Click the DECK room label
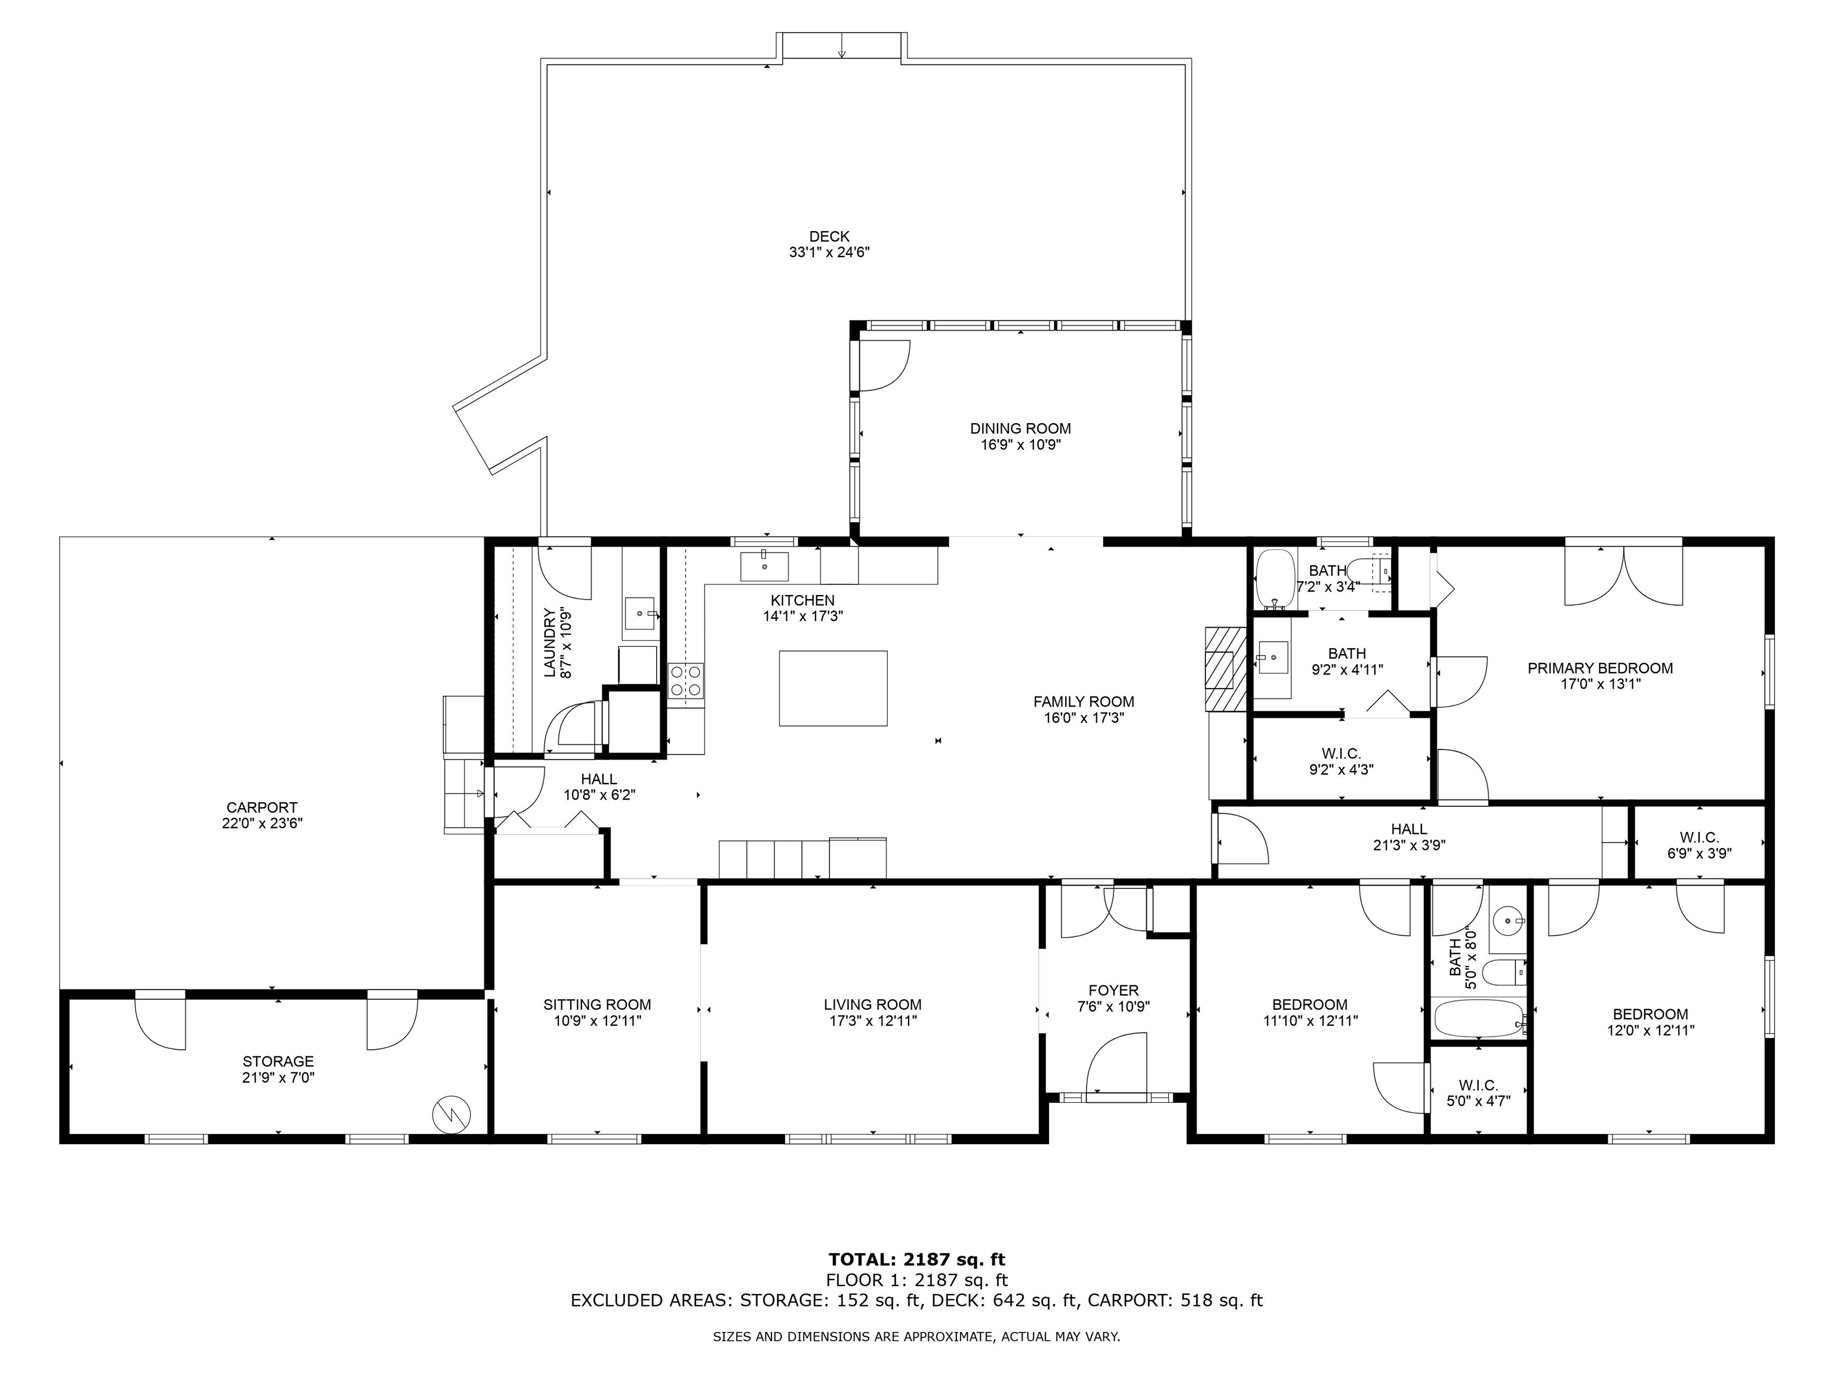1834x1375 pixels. pos(829,237)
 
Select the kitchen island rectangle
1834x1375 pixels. pos(833,689)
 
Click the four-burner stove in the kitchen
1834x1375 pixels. pos(687,680)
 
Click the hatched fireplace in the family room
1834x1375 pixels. pos(1226,669)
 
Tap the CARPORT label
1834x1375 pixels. pos(262,807)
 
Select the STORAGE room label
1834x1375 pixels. pos(278,1062)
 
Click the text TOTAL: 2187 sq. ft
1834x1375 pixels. pos(917,1260)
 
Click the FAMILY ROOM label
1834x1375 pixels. pos(1084,702)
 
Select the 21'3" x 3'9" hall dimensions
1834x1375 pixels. pos(1409,846)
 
